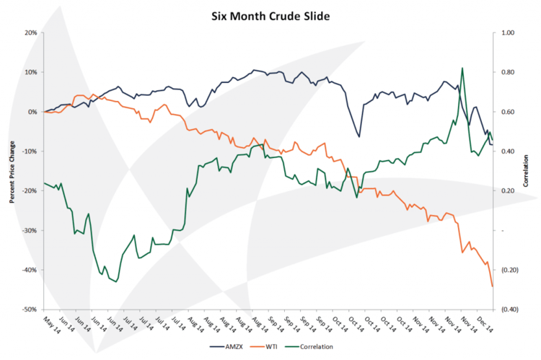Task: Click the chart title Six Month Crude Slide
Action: (270, 14)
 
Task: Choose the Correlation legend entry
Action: (315, 346)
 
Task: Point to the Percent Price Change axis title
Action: (13, 172)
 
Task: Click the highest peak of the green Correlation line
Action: (462, 68)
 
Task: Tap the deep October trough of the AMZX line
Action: (359, 136)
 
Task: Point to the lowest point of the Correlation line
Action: (116, 282)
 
